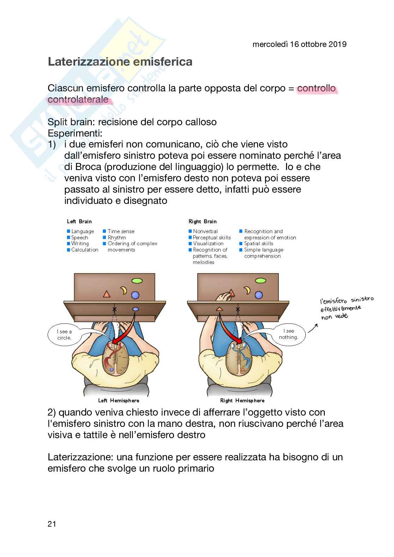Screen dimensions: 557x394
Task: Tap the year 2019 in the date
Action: pyautogui.click(x=337, y=44)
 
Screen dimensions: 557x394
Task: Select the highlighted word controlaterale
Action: pyautogui.click(x=78, y=99)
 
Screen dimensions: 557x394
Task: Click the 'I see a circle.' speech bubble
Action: pyautogui.click(x=64, y=334)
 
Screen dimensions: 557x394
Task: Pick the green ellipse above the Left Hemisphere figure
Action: pyautogui.click(x=137, y=281)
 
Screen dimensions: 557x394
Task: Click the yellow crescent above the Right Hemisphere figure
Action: pyautogui.click(x=247, y=290)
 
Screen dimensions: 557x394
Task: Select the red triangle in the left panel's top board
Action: pyautogui.click(x=106, y=294)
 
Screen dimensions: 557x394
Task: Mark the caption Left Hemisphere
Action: pyautogui.click(x=119, y=400)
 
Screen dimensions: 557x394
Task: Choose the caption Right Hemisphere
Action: pyautogui.click(x=242, y=400)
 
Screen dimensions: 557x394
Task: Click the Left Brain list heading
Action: pyautogui.click(x=79, y=222)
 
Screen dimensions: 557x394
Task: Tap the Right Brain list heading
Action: pyautogui.click(x=203, y=222)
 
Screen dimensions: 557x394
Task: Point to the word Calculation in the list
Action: pyautogui.click(x=85, y=250)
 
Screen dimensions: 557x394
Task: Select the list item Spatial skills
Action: pyautogui.click(x=258, y=243)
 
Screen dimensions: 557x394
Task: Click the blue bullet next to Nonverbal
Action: pyautogui.click(x=190, y=231)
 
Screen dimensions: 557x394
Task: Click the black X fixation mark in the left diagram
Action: pyautogui.click(x=114, y=309)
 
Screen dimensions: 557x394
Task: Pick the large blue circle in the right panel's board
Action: pyautogui.click(x=259, y=295)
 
